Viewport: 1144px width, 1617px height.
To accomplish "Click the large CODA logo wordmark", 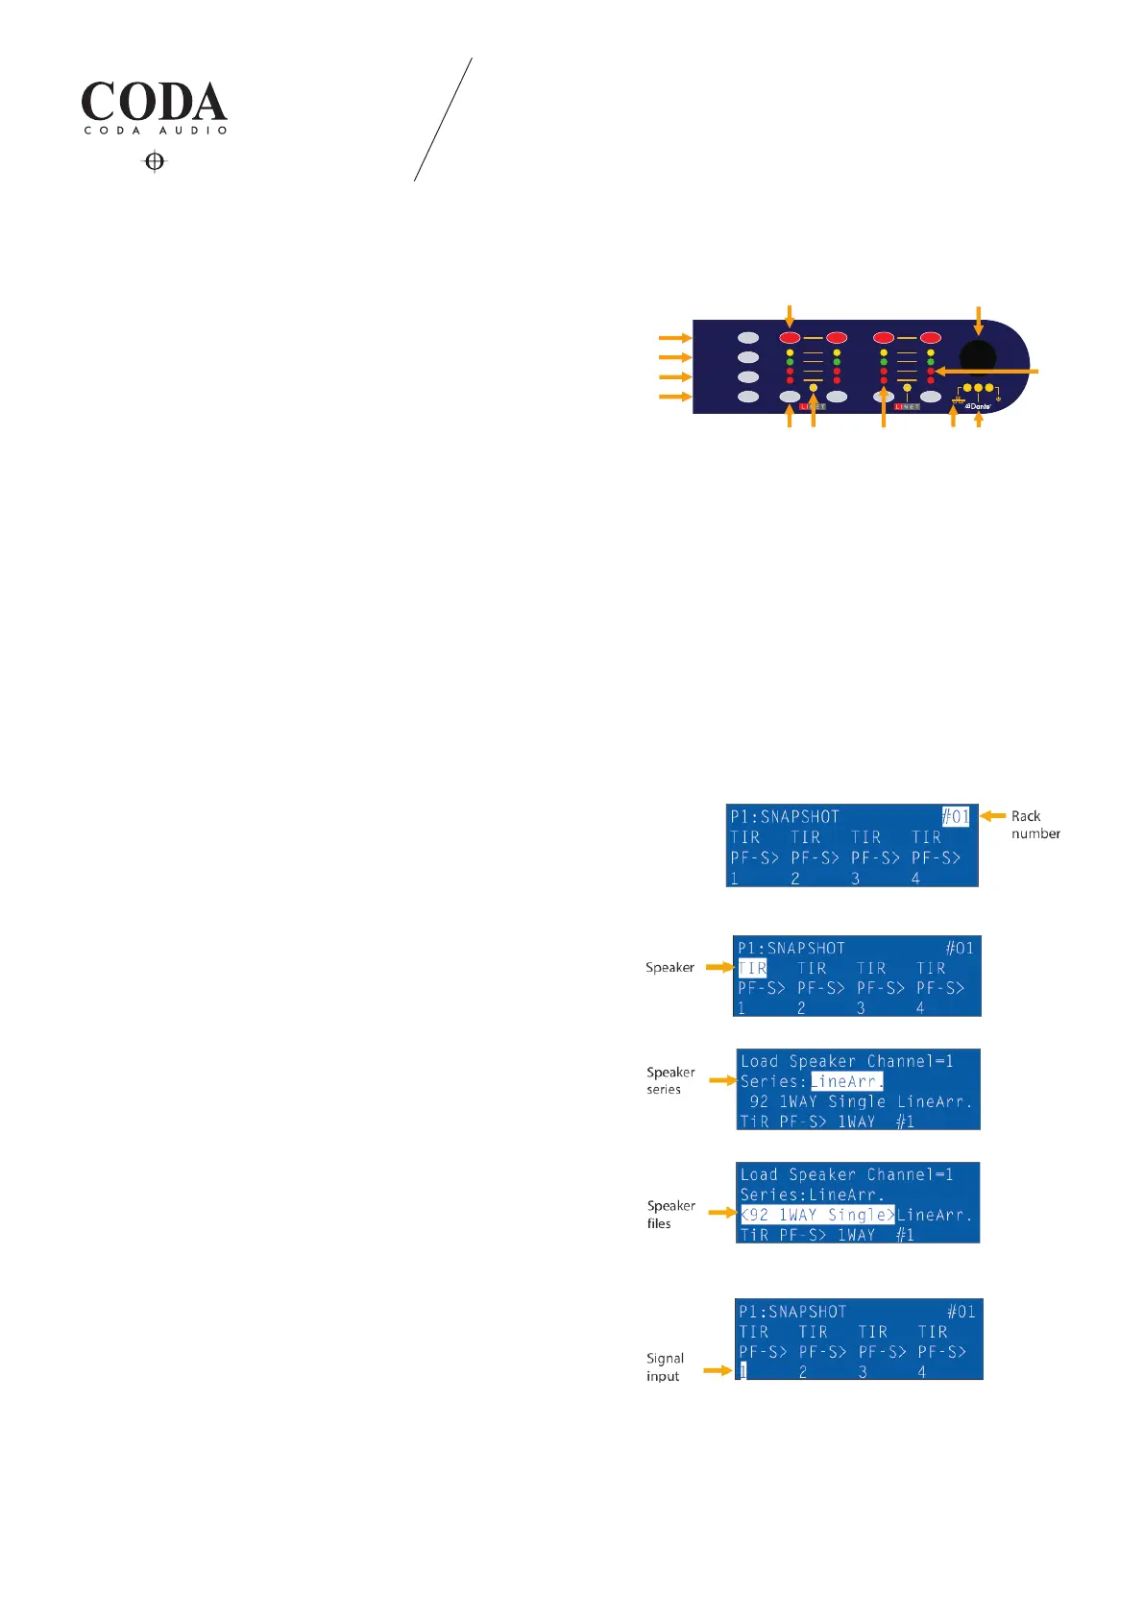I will pos(154,102).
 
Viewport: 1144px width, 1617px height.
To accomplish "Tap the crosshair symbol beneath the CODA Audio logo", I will pos(155,161).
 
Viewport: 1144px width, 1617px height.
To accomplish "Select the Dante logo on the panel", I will pos(978,406).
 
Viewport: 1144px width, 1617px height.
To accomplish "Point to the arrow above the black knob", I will pos(978,320).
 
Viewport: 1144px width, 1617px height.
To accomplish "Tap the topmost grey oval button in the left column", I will pos(748,338).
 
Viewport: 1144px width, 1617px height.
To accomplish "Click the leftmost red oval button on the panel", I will pos(791,338).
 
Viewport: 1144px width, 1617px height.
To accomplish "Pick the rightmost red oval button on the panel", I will pos(930,338).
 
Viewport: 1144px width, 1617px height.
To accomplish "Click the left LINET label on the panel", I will pos(813,406).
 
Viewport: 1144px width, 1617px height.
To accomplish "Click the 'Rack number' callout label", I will pos(1034,825).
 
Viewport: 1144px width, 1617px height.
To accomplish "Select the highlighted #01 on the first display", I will pos(956,816).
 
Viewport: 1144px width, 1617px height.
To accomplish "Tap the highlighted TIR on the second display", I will pos(752,968).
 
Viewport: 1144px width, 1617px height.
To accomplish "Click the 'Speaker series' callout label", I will pos(669,1080).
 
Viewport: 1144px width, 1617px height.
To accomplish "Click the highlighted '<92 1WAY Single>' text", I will pos(817,1215).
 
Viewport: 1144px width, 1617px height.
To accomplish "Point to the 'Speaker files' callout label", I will pos(669,1214).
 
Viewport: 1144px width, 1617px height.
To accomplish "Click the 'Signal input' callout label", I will pos(665,1366).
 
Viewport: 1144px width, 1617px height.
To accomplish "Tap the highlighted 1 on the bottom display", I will pos(742,1372).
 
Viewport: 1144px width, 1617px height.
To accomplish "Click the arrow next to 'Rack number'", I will pos(992,816).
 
